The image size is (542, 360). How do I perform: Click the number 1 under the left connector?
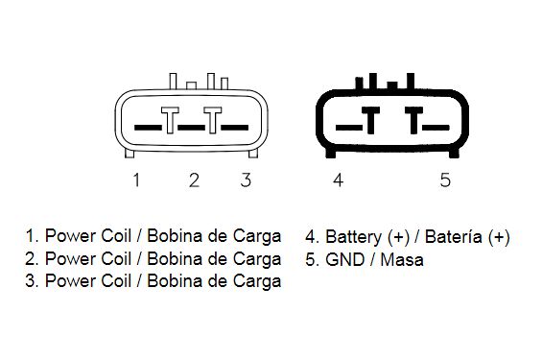[136, 180]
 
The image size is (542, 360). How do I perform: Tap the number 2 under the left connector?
[194, 180]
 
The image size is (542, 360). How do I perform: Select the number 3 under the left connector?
[246, 180]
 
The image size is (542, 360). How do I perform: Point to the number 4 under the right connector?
[338, 180]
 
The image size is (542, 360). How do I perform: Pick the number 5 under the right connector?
[445, 180]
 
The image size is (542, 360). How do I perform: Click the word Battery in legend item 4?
[353, 237]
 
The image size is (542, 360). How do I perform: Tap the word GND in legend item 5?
[344, 260]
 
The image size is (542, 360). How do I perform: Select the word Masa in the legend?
[402, 260]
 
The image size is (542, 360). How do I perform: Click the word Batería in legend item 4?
[453, 237]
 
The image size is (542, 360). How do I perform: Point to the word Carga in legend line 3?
[257, 282]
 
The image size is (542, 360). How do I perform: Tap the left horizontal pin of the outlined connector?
[148, 128]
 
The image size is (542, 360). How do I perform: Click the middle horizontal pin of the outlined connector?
[191, 128]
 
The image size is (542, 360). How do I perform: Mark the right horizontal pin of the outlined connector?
[234, 128]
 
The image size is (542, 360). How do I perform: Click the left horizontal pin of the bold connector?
[349, 128]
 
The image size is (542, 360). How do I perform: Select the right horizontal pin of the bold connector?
[436, 128]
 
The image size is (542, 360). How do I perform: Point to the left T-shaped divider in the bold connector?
[370, 120]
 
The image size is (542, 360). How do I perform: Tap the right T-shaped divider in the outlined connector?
[213, 120]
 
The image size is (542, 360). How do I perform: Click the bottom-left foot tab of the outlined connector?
[130, 154]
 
